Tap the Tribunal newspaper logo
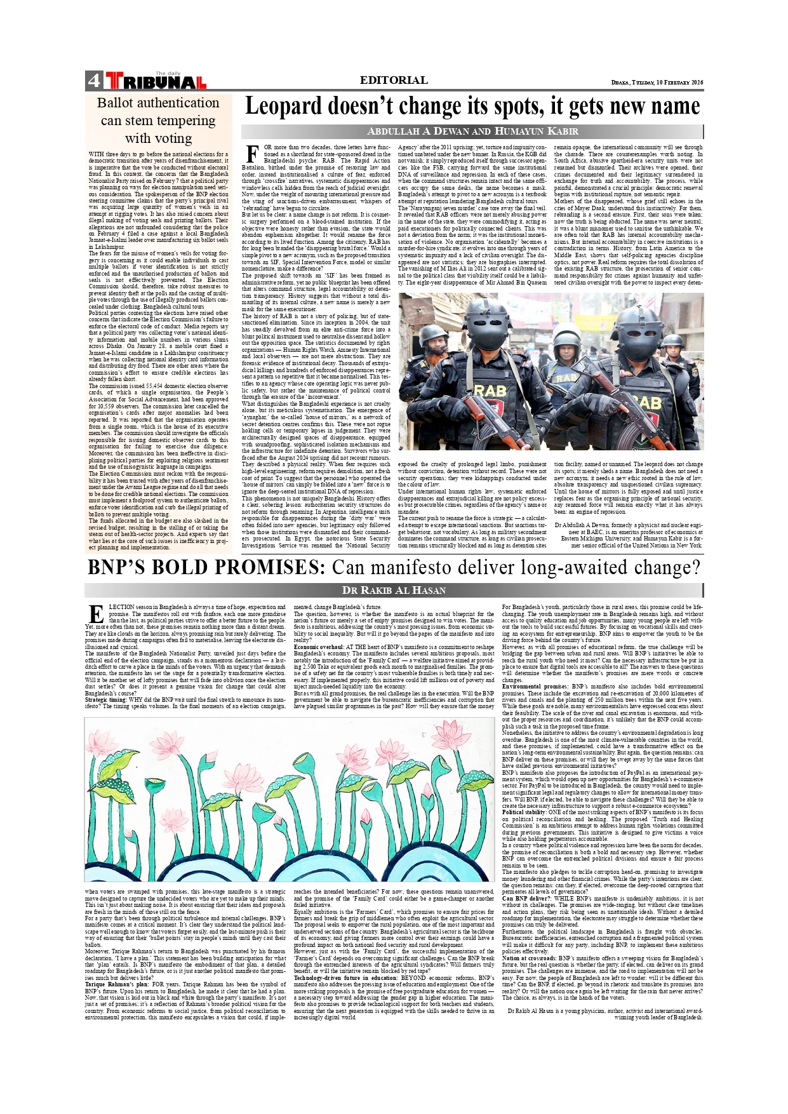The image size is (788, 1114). [156, 81]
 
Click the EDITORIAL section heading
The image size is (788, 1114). [394, 80]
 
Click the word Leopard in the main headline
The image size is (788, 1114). [283, 107]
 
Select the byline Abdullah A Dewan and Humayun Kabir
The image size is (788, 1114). [472, 131]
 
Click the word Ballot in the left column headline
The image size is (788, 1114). [117, 103]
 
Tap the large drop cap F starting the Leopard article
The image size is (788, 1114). [251, 154]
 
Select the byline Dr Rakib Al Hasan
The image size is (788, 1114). [394, 590]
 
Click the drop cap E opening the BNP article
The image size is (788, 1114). [96, 614]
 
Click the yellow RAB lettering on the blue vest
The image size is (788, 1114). [566, 378]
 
